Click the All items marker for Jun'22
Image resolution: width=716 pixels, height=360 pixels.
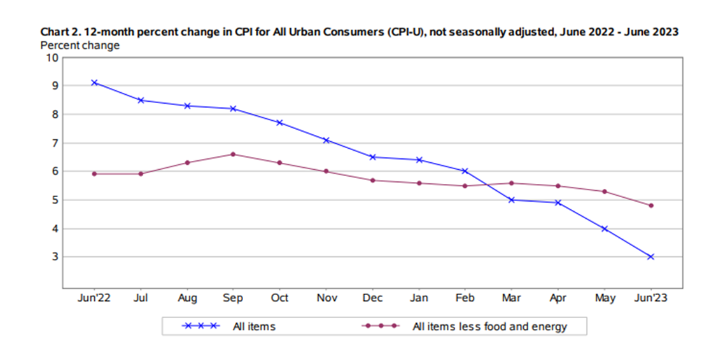[x=94, y=83]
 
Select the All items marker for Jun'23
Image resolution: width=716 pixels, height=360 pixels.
[x=650, y=257]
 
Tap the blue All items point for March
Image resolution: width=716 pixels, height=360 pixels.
[x=511, y=200]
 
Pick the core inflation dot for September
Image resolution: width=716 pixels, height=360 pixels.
[x=233, y=154]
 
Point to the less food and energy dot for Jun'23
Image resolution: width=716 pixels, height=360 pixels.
[x=650, y=205]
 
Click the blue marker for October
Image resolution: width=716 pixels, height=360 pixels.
[x=279, y=123]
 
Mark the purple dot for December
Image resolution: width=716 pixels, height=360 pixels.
[x=372, y=180]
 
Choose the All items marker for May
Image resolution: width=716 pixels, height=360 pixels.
[x=604, y=228]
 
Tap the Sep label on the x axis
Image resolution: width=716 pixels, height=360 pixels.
[x=233, y=298]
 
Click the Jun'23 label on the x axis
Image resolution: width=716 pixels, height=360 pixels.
[x=650, y=298]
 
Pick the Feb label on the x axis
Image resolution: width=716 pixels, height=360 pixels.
[x=465, y=298]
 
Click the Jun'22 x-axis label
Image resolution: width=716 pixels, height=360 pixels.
[x=94, y=298]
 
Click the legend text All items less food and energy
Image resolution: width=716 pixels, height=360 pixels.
[x=489, y=326]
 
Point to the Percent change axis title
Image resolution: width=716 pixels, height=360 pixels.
[x=80, y=45]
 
